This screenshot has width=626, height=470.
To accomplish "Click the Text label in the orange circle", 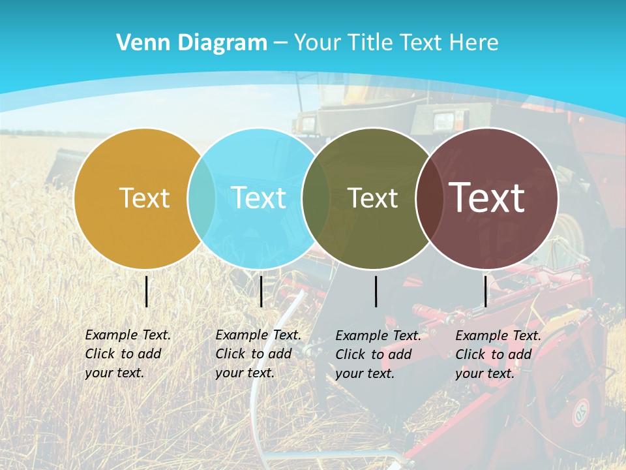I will tap(144, 198).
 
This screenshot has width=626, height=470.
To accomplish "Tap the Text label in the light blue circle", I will tap(259, 198).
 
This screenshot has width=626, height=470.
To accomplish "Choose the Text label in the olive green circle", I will tap(372, 198).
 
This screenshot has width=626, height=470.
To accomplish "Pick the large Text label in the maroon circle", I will tap(487, 197).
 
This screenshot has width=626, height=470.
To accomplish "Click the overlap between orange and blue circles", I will tap(201, 198).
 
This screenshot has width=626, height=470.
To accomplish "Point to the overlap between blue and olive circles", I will tap(316, 198).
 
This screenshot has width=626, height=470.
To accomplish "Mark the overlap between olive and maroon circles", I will tap(430, 198).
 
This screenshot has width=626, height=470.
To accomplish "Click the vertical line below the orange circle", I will tap(147, 291).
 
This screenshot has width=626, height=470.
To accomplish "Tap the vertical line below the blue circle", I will tap(261, 291).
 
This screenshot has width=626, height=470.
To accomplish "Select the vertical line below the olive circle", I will tap(376, 291).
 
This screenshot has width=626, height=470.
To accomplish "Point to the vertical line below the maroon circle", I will tap(486, 291).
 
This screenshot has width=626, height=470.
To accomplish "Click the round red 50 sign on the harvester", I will tap(580, 413).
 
